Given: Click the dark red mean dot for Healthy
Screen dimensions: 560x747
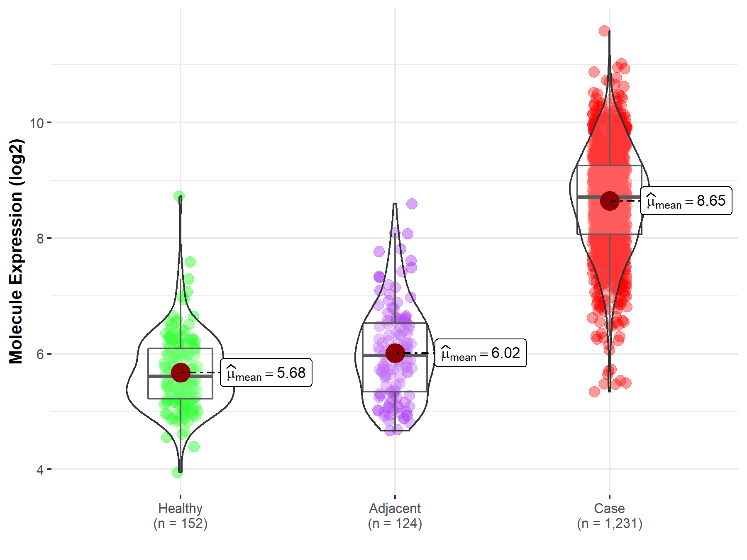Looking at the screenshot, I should tap(181, 373).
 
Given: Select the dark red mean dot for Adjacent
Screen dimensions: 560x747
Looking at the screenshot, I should tap(395, 353).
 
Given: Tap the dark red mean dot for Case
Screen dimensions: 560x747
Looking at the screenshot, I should tap(610, 201).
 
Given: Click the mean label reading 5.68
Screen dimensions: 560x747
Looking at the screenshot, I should tap(266, 373).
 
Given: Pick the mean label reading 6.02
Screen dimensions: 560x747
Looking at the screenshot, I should tap(481, 353).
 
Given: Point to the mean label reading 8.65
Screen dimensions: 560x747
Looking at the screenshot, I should tap(686, 201).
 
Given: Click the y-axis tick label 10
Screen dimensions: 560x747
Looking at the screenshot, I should tap(37, 123).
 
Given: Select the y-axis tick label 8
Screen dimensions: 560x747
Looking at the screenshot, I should tap(40, 239).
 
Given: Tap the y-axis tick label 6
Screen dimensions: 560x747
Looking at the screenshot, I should tap(40, 354).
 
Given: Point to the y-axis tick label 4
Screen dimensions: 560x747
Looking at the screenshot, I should tap(40, 470).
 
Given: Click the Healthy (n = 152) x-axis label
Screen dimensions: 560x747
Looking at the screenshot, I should tap(181, 516).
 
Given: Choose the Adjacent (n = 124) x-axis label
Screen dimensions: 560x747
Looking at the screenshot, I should tap(395, 516).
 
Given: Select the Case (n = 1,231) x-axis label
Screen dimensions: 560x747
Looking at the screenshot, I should tap(610, 516).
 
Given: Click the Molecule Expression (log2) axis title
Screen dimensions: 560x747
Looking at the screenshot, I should tap(16, 251).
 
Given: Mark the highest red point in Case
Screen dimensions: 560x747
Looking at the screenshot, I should tap(604, 31).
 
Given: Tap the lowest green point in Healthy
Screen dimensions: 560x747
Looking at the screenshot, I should tap(177, 472).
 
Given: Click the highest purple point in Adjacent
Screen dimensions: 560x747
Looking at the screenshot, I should tap(412, 204).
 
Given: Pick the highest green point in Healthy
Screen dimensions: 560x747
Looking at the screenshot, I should tap(179, 196).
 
